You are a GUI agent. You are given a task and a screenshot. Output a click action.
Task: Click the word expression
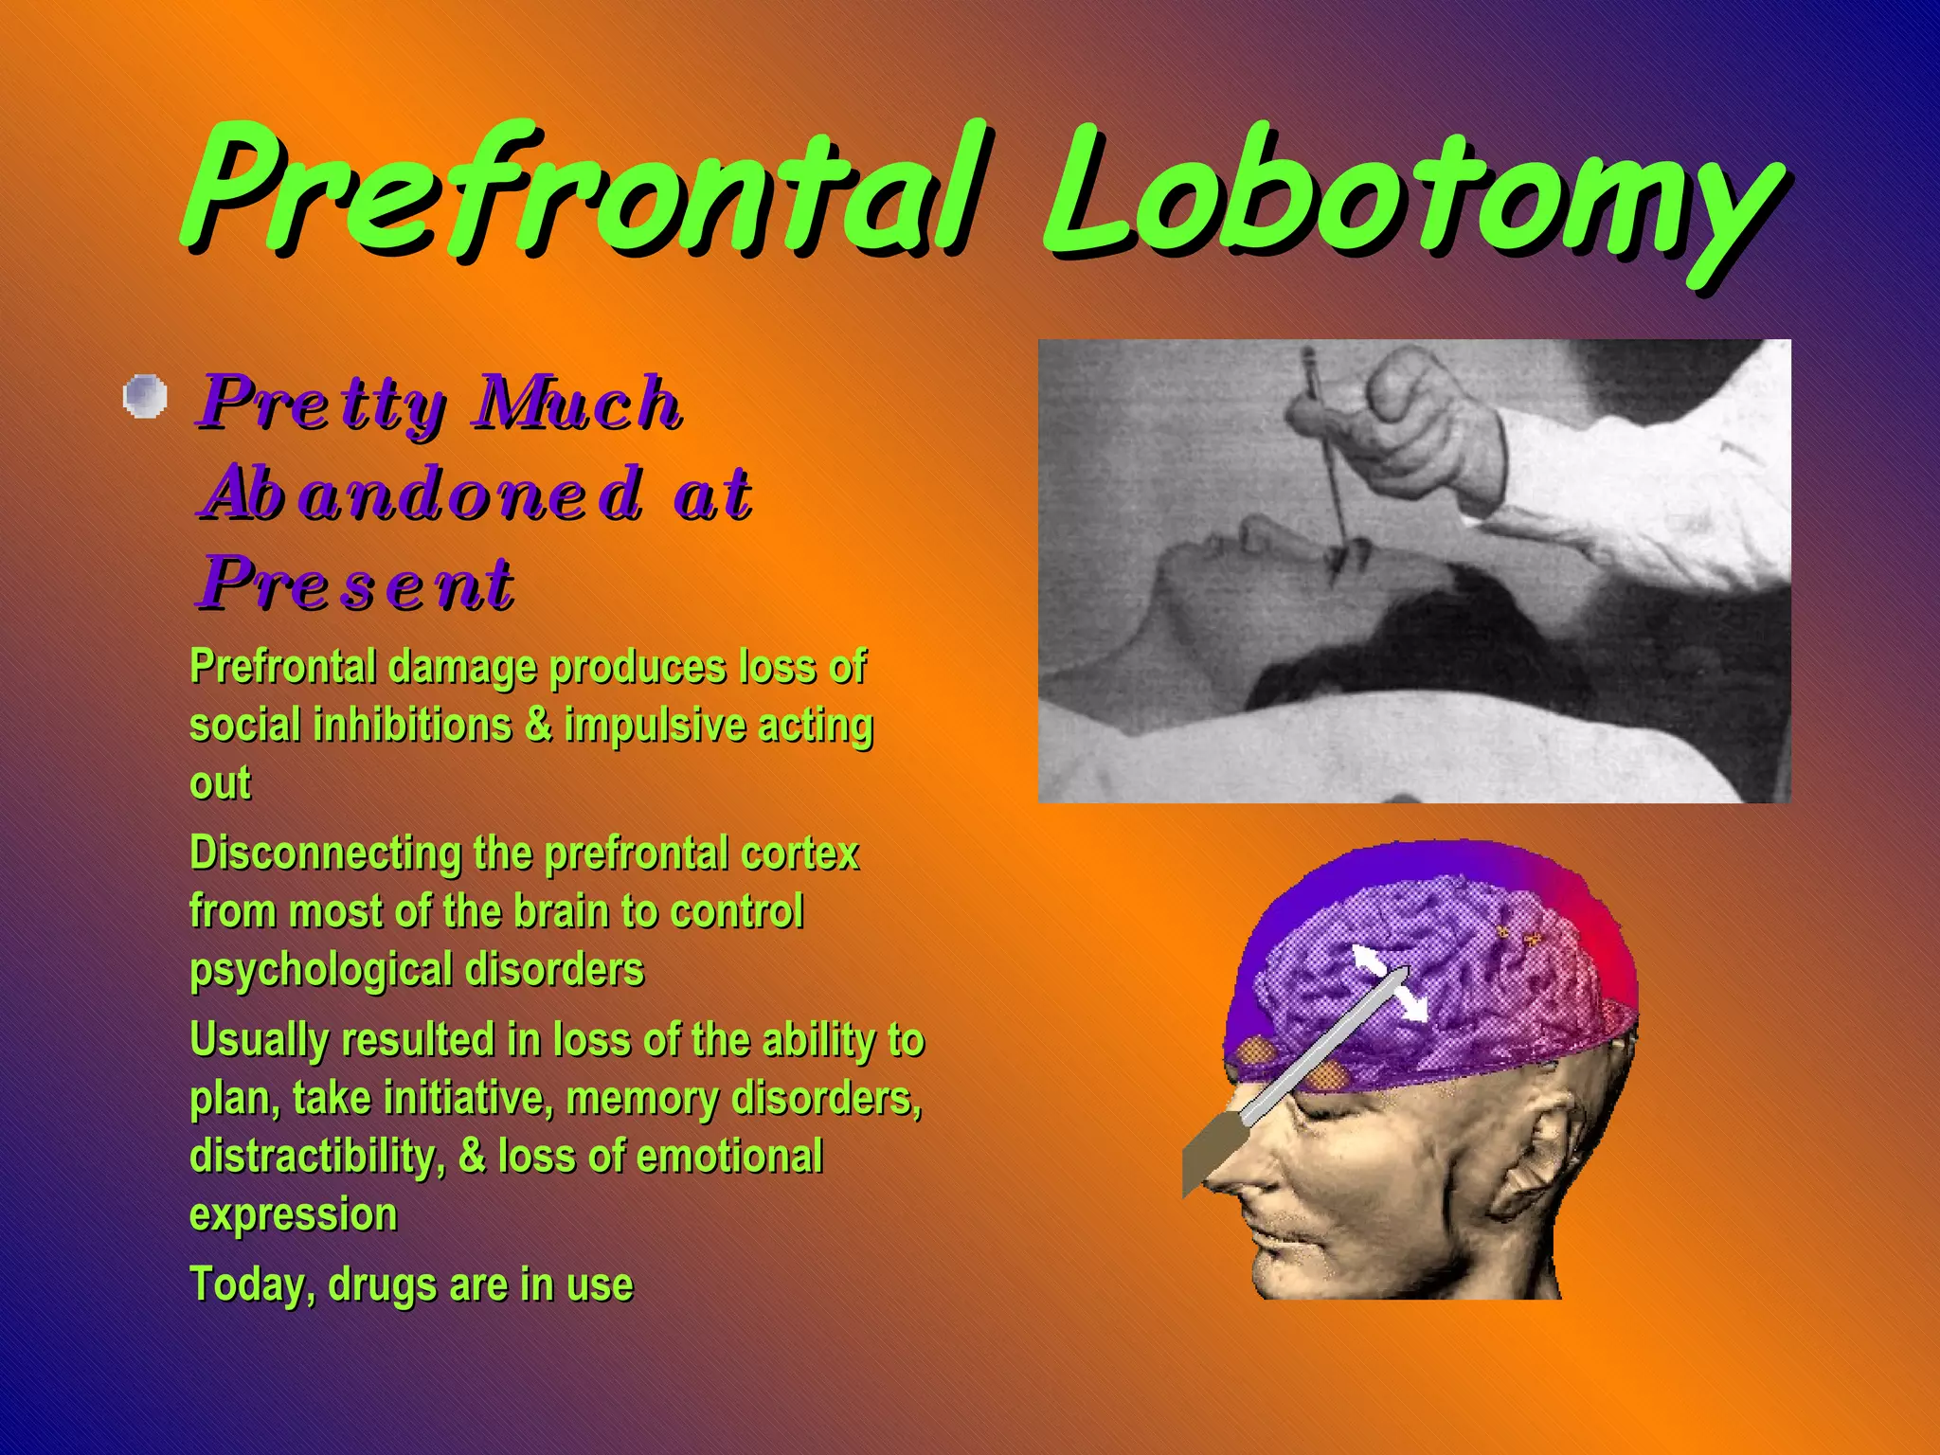pyautogui.click(x=293, y=1214)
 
